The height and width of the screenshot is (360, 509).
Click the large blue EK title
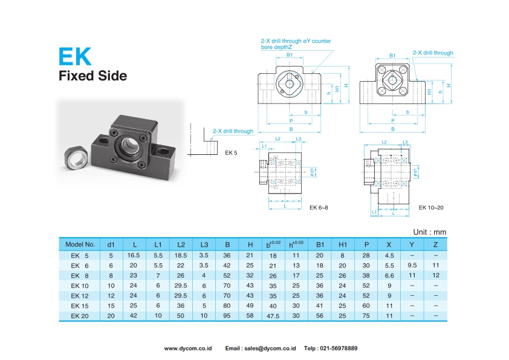[x=75, y=56]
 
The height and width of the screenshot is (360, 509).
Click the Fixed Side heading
[x=92, y=76]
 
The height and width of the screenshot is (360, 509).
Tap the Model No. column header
[x=80, y=245]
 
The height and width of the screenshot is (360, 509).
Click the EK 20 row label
[x=80, y=315]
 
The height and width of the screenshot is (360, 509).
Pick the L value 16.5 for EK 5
[x=134, y=255]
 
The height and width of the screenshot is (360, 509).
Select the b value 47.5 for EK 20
[x=273, y=316]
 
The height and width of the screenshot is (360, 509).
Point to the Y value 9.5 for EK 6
[x=412, y=265]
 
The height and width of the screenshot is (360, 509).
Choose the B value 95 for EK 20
[x=227, y=315]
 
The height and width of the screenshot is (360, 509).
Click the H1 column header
[x=343, y=245]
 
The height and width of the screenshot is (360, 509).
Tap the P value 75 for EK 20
[x=366, y=315]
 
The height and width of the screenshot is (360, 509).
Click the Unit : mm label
[x=429, y=232]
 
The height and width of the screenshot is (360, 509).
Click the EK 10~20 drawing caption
[x=431, y=208]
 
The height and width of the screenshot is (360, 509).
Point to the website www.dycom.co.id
[x=188, y=349]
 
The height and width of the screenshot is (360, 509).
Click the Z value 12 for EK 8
[x=435, y=275]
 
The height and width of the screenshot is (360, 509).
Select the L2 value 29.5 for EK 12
[x=181, y=295]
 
